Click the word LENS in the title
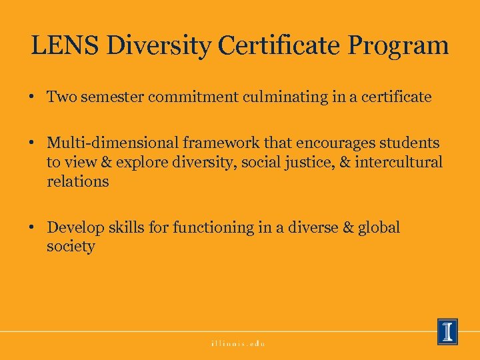(63, 46)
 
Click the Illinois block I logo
(447, 331)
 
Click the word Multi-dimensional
(109, 143)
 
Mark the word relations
(77, 181)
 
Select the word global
(379, 227)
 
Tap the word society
(71, 247)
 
